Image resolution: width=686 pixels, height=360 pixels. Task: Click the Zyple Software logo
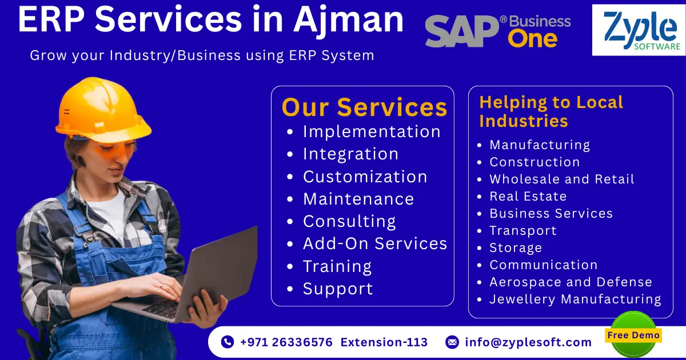tap(638, 30)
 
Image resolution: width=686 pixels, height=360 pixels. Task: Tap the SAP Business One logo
tap(497, 31)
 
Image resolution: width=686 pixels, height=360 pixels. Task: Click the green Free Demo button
tap(633, 335)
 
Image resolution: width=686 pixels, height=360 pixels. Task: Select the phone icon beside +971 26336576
tap(228, 342)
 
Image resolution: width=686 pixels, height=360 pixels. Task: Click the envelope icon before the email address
tap(452, 342)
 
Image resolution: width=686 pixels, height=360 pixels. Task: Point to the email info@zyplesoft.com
tap(528, 342)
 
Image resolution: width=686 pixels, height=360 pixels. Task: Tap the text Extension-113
tap(384, 342)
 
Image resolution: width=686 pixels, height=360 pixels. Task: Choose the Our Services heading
tap(364, 107)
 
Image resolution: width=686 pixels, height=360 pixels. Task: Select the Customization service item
tap(365, 177)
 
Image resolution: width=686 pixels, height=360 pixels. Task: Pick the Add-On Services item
tap(375, 243)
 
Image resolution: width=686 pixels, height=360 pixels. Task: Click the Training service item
tap(337, 266)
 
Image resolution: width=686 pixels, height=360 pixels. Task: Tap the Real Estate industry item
tap(528, 196)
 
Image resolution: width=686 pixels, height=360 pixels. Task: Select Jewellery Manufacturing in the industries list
tap(575, 299)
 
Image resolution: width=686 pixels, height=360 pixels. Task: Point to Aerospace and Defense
tap(571, 282)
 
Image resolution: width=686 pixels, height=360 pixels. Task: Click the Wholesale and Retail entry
tap(562, 179)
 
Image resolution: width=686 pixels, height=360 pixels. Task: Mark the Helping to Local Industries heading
tap(551, 111)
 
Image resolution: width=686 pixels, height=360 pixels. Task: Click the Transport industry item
tap(523, 230)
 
